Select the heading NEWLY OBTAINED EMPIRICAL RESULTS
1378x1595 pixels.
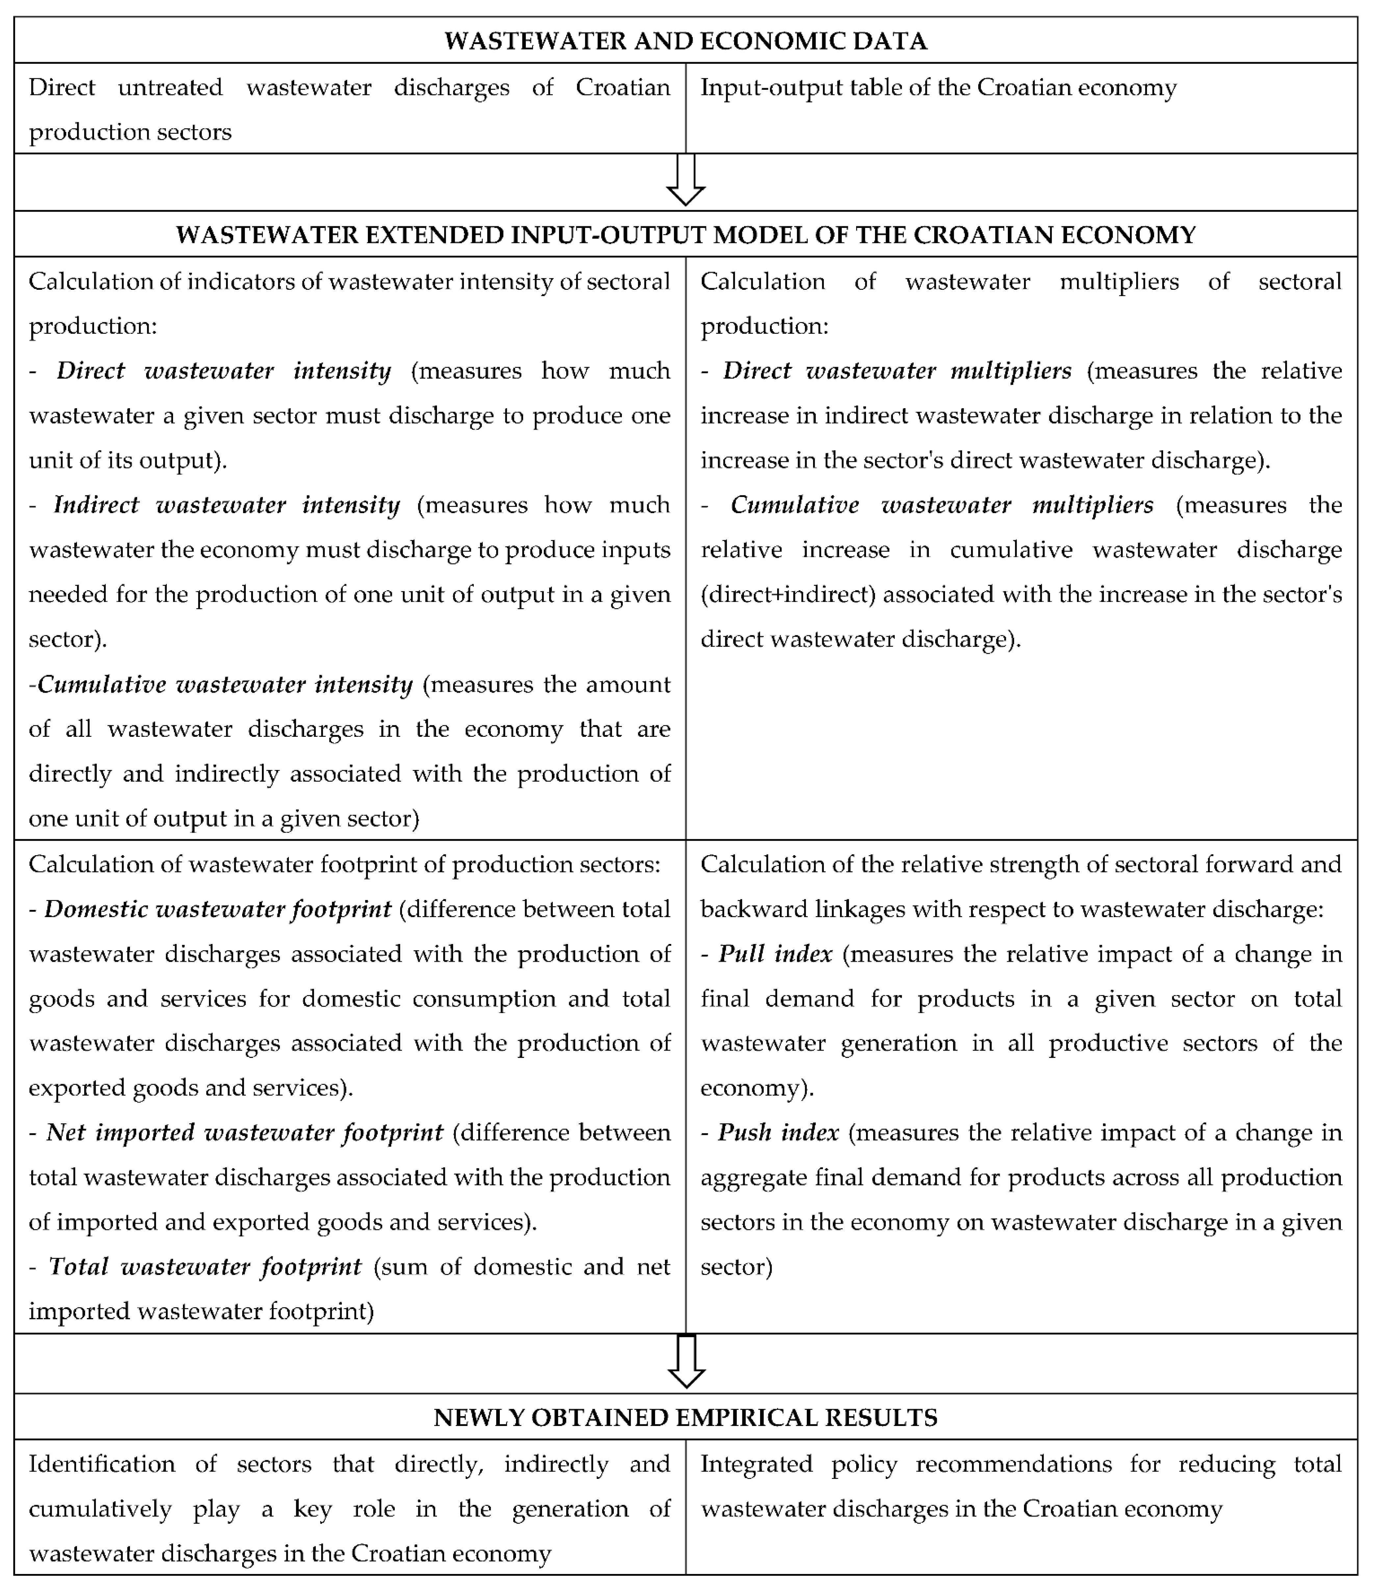(685, 1417)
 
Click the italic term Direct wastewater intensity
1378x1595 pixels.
(223, 371)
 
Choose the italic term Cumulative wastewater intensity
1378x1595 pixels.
(225, 684)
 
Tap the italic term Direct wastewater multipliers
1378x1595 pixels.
(897, 371)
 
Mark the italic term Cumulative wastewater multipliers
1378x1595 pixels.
(941, 505)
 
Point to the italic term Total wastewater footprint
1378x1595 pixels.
(205, 1266)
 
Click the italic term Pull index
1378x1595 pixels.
(775, 954)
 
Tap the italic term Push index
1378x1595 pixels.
(778, 1133)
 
